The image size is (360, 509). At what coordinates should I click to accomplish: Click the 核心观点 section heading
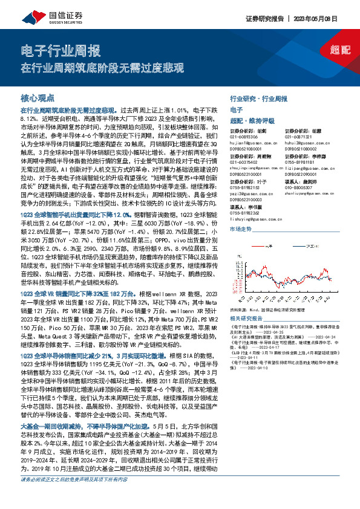[38, 98]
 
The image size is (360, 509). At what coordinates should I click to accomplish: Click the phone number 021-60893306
[245, 137]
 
